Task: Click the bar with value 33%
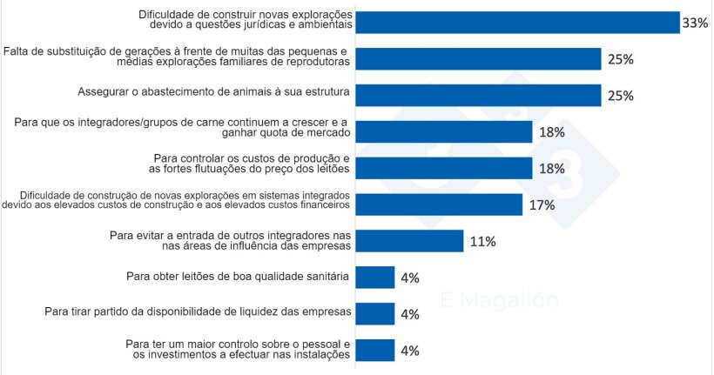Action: coord(518,22)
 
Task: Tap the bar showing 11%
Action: coord(409,241)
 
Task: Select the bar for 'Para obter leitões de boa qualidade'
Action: coord(375,278)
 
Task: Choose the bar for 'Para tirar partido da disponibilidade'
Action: coord(375,313)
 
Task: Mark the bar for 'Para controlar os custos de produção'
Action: coord(444,168)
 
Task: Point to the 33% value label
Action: coord(695,23)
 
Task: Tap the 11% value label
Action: coord(482,242)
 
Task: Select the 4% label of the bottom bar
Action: coord(409,351)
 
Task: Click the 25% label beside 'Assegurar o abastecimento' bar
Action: coord(619,96)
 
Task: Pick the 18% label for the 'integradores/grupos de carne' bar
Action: coord(551,132)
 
